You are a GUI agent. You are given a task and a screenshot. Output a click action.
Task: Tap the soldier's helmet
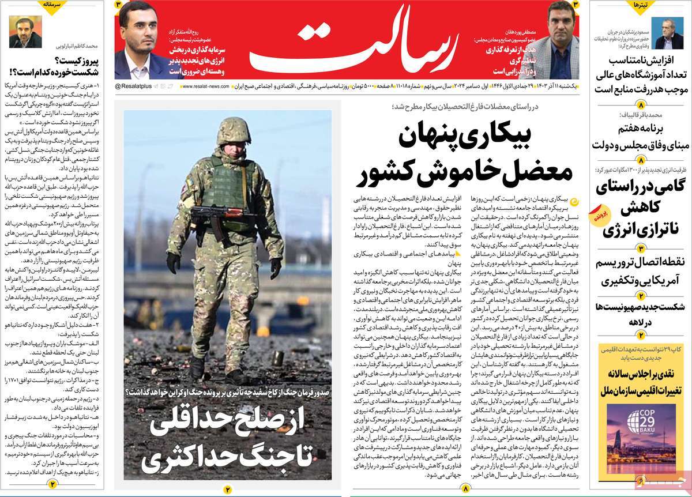pos(234,131)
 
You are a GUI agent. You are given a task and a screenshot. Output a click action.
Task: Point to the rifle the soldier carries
pos(223,216)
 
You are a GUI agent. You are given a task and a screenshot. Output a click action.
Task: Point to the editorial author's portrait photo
pos(25,32)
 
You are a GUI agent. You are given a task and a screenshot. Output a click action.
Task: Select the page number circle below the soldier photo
pos(227,490)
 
